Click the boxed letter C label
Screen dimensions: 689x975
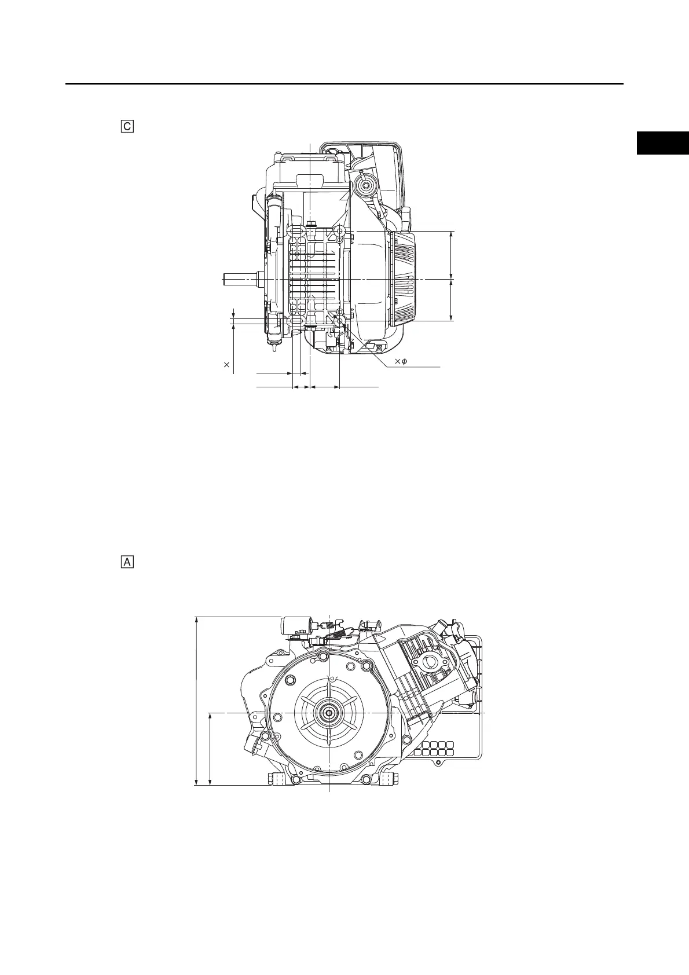(127, 126)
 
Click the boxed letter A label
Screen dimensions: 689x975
(127, 562)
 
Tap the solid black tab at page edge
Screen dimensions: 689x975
(663, 142)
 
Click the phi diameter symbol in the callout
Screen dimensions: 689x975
(405, 361)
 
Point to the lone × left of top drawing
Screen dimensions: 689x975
(226, 365)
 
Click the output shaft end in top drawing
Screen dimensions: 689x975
(239, 279)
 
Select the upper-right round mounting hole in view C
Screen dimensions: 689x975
(340, 230)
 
